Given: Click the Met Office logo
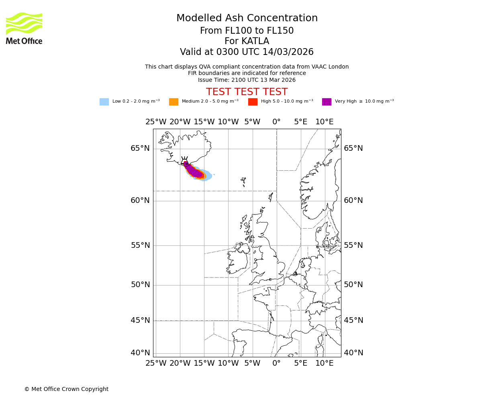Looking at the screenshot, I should click(x=24, y=28).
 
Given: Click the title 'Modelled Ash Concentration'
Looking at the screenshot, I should click(x=247, y=18).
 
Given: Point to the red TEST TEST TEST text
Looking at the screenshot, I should click(x=247, y=92).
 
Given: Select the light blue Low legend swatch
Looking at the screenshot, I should click(x=104, y=102).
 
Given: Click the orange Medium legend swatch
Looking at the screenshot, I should click(x=174, y=102).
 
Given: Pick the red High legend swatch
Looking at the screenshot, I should click(x=253, y=102).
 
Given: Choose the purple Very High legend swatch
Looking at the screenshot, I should click(x=327, y=102).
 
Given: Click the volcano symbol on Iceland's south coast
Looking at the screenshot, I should click(x=185, y=162).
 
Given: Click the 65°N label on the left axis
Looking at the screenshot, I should click(x=140, y=148).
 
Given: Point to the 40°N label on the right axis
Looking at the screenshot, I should click(x=353, y=353).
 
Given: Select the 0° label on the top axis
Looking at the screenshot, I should click(x=276, y=122).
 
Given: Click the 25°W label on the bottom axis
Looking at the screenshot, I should click(x=156, y=363).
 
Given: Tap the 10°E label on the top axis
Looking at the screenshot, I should click(x=324, y=122).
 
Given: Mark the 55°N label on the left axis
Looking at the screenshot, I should click(x=140, y=245).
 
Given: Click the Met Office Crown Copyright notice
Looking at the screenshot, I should click(x=66, y=389).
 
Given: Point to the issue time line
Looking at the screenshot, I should click(x=247, y=80).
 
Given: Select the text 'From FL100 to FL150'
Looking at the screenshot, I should click(x=247, y=31).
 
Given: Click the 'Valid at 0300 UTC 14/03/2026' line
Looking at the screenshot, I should click(x=247, y=52).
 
